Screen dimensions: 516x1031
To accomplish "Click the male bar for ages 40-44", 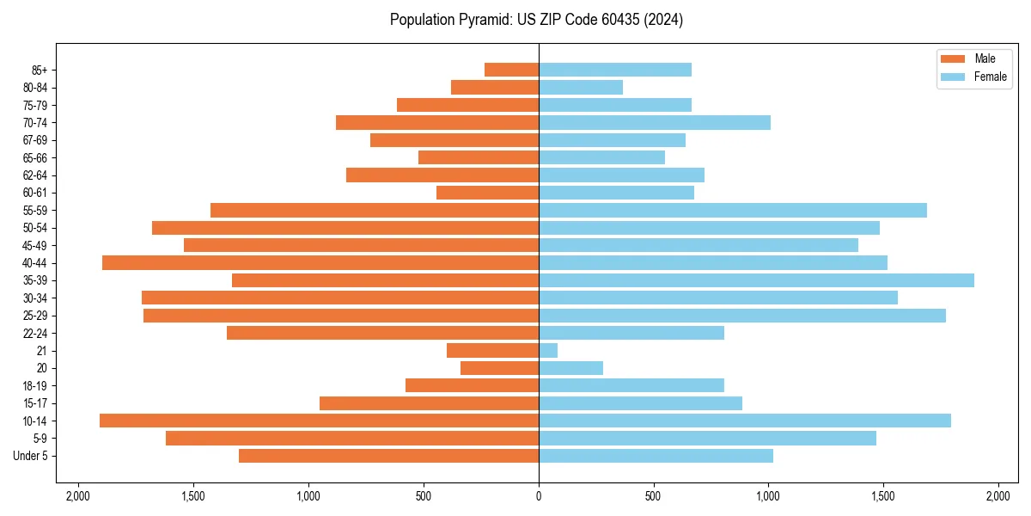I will click(320, 262).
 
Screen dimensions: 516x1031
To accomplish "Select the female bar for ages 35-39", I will click(756, 280).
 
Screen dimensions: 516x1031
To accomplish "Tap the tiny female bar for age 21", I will click(548, 351).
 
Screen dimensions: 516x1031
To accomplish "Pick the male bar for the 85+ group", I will click(512, 70).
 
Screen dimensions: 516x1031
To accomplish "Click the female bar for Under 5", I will click(656, 456).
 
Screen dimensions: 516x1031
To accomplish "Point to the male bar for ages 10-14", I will click(319, 421).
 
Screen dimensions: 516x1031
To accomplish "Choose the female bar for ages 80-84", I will click(581, 87).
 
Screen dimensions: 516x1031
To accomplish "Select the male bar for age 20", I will click(500, 368).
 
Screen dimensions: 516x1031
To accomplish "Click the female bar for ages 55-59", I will click(733, 210).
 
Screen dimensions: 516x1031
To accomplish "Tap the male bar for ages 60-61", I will click(488, 193).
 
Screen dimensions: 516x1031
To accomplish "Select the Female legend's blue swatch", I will click(954, 77).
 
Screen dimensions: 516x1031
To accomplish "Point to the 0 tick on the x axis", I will click(539, 496).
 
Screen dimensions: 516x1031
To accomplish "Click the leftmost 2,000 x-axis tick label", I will click(78, 496).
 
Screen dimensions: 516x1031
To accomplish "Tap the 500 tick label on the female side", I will click(654, 496).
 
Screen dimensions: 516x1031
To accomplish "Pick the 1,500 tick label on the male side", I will click(193, 496).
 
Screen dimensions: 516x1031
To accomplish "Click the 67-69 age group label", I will click(35, 140).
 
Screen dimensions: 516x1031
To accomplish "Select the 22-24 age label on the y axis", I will click(35, 333).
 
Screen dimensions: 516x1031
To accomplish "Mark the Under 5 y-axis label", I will click(31, 456).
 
